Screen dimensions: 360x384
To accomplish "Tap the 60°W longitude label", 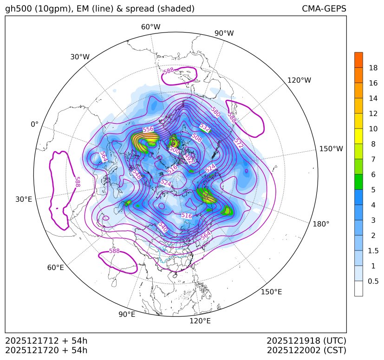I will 150,27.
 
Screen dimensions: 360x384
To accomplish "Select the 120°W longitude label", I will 299,80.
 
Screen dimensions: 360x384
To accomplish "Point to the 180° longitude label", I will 321,224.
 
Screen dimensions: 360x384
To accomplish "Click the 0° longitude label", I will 34,124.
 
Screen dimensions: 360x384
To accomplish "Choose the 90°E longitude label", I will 127,315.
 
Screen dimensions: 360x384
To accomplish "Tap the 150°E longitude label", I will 272,292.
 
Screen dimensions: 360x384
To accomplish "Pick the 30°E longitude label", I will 24,199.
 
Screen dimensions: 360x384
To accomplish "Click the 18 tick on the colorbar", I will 373,68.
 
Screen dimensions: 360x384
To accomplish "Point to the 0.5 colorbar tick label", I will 373,281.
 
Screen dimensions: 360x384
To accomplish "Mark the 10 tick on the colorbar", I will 373,129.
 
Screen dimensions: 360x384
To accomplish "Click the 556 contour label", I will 148,129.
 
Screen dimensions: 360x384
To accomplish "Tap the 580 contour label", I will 215,112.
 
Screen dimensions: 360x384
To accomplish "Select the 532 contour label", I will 205,127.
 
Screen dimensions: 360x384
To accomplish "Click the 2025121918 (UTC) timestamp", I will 306,341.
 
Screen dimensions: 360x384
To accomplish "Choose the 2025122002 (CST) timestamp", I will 306,350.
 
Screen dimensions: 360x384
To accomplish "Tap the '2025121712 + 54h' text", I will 46,341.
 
